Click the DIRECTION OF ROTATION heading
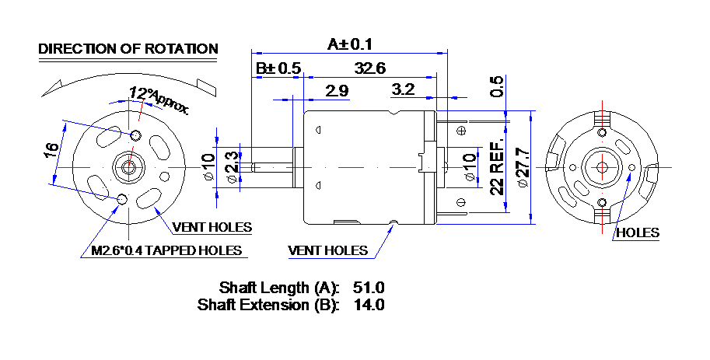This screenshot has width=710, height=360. point(128,48)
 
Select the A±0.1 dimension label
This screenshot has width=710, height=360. point(350,44)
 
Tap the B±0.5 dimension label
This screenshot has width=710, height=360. point(278,68)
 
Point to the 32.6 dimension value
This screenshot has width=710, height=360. point(370,68)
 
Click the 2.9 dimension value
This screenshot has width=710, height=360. point(338,90)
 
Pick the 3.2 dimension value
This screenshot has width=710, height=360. point(403,89)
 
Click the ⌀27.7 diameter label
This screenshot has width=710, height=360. point(523,167)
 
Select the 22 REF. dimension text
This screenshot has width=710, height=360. point(497,167)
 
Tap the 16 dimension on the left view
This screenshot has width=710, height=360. point(51,150)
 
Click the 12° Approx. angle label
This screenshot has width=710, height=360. point(159,100)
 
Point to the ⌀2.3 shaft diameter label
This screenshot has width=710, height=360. point(232,167)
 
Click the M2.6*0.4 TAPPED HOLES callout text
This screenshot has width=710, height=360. point(166,250)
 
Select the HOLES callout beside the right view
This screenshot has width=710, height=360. point(638,232)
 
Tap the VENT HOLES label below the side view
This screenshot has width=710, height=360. point(328,250)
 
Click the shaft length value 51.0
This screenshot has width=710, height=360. point(369,288)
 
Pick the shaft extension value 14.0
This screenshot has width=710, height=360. point(369,304)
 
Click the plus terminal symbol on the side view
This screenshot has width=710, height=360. point(462,131)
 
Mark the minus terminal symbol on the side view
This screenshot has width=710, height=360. point(462,202)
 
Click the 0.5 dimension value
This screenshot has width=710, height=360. point(497,86)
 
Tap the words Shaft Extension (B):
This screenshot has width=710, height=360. point(268,305)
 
